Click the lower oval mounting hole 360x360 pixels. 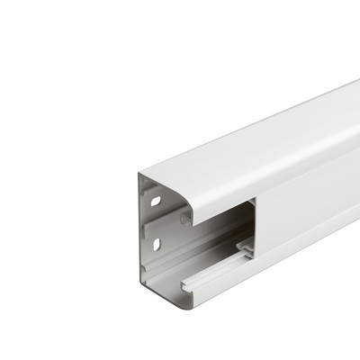click(x=156, y=244)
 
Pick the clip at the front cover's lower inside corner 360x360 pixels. click(x=245, y=245)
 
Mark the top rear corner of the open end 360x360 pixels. click(x=141, y=174)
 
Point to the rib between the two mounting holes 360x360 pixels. click(x=155, y=223)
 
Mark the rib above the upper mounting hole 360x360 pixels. click(x=154, y=184)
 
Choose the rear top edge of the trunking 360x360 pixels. click(x=252, y=117)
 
